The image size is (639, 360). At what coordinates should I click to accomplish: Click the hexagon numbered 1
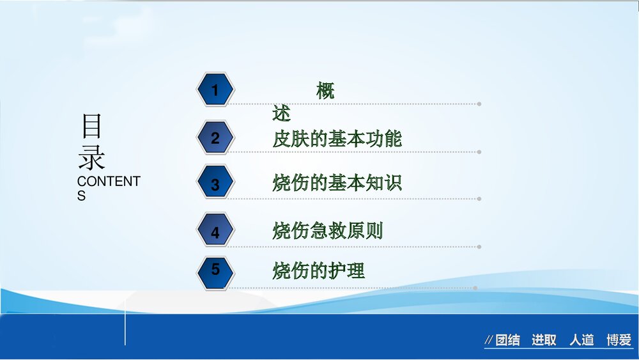[x=215, y=90]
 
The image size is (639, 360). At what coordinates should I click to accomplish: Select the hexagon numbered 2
[x=215, y=137]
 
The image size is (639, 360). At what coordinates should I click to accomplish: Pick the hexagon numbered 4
[x=215, y=231]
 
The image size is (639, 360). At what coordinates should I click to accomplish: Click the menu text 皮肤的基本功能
[x=337, y=138]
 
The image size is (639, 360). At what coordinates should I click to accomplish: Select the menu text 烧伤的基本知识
[x=337, y=184]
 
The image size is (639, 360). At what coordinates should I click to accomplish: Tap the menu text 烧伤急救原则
[x=327, y=230]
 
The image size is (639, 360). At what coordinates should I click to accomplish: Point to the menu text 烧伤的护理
[x=318, y=270]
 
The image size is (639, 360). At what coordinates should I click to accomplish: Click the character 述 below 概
[x=281, y=114]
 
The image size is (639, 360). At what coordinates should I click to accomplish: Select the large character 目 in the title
[x=91, y=127]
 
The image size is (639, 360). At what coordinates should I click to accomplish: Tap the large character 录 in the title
[x=91, y=157]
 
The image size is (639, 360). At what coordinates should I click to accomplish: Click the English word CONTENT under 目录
[x=108, y=182]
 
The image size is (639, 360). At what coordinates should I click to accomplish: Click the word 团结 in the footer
[x=508, y=340]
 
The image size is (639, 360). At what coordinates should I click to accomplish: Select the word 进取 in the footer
[x=544, y=340]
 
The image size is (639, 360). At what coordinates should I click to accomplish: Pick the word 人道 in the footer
[x=581, y=340]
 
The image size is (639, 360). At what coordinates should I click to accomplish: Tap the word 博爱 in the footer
[x=619, y=340]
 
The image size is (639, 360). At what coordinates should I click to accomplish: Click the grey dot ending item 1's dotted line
[x=479, y=104]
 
